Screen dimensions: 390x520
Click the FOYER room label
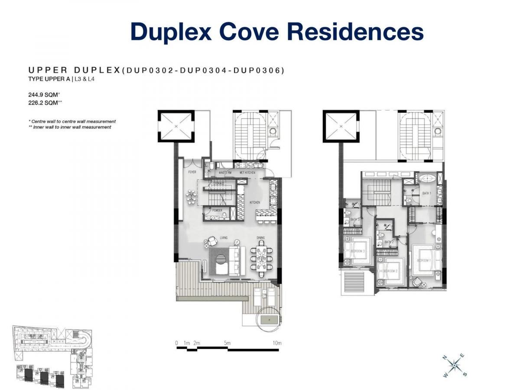tap(192, 172)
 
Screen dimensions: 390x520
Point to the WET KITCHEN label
tap(247, 172)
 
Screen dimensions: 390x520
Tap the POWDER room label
tap(217, 210)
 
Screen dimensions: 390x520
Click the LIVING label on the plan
tap(224, 237)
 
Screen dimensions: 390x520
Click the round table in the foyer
tap(191, 197)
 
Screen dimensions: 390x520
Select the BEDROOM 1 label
tap(423, 260)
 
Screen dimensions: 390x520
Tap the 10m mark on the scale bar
tap(277, 343)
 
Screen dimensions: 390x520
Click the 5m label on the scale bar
tap(227, 343)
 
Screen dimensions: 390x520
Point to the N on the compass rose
tap(445, 357)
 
